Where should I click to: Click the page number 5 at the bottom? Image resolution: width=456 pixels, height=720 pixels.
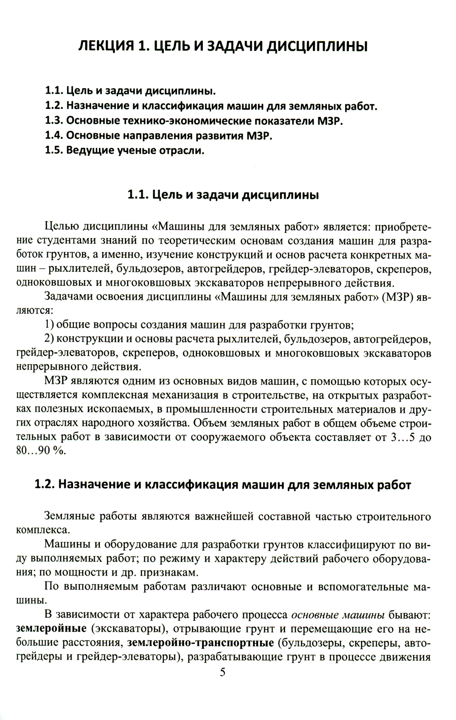click(223, 673)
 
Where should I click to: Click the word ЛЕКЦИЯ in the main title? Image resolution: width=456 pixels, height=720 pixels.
click(106, 46)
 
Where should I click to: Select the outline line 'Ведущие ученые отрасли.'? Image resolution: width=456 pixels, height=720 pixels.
click(135, 150)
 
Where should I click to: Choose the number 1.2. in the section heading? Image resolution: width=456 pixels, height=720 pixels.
click(45, 485)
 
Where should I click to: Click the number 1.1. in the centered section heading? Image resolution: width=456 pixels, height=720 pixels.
click(138, 195)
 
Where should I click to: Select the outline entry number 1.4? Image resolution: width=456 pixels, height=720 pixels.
click(55, 135)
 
